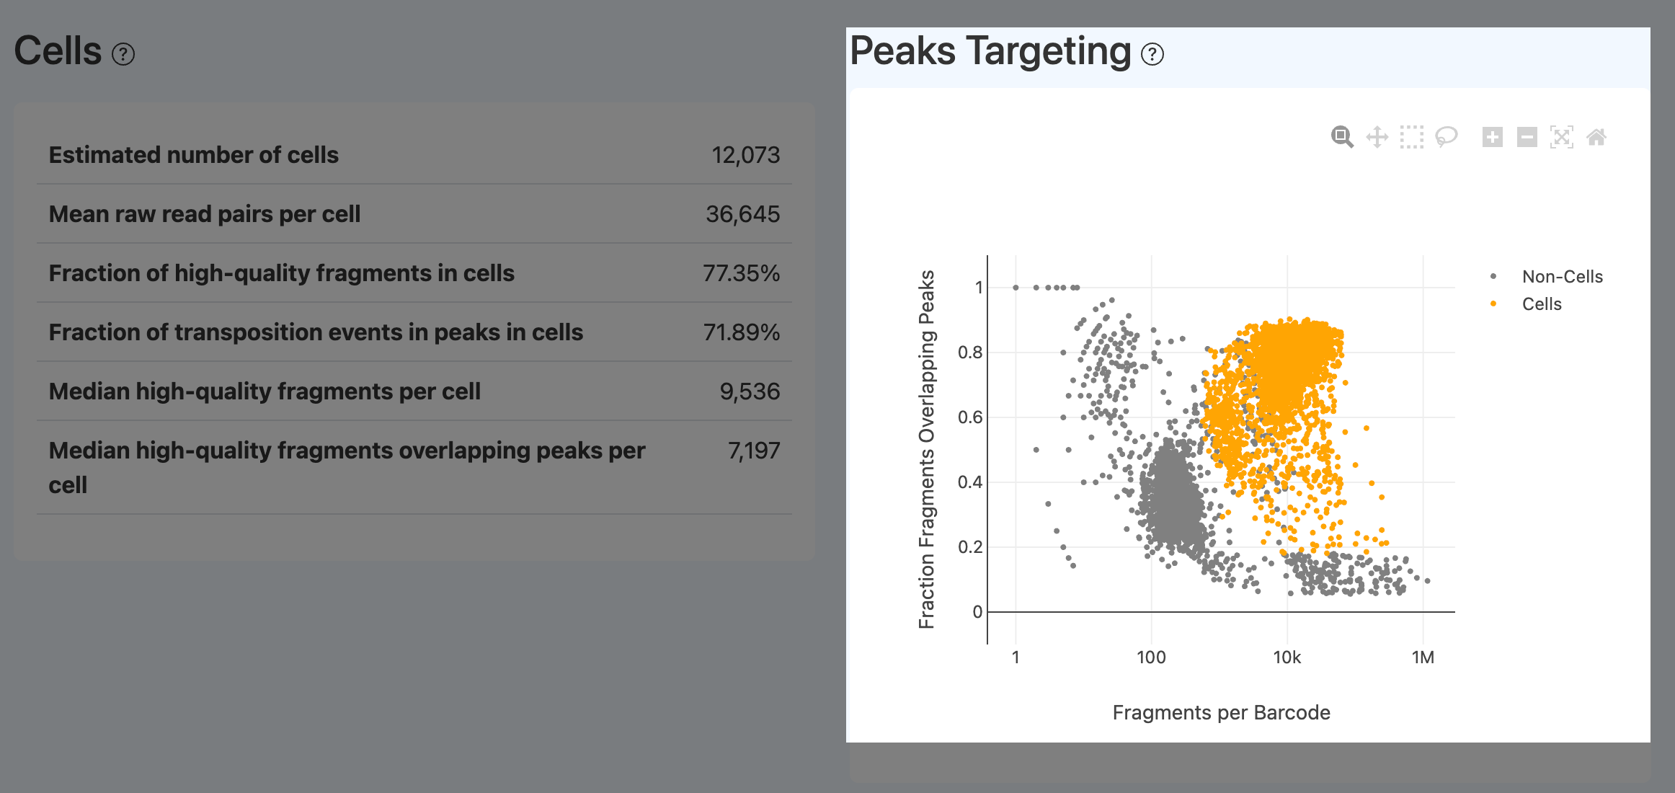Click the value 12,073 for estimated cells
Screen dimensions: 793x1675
745,155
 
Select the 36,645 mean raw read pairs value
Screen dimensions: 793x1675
742,214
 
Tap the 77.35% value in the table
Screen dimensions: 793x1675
741,273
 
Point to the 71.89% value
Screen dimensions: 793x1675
741,332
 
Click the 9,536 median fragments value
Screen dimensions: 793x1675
750,391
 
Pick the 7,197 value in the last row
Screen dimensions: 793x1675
754,451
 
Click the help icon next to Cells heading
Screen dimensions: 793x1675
123,54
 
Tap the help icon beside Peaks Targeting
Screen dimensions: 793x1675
1152,54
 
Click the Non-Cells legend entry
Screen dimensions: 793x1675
1562,277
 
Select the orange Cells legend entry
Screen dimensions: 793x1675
1541,304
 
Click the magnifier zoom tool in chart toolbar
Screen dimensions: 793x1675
1342,137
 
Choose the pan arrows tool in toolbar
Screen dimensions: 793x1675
1377,137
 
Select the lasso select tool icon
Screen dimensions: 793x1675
1446,137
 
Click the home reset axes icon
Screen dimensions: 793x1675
1596,137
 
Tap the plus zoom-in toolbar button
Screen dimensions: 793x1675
1492,137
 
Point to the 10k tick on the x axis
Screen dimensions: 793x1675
1287,657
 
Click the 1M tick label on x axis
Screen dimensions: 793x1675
1423,657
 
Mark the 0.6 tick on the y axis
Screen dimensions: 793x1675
970,417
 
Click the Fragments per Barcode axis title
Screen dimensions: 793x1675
1221,712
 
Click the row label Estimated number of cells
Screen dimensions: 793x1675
193,155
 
